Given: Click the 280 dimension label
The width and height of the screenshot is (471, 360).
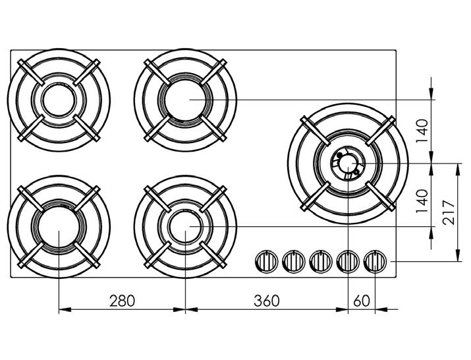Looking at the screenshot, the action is point(122,301).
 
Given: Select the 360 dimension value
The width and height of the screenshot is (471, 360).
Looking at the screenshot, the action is point(267,301).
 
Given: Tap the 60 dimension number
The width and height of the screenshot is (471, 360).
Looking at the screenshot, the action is point(362,301).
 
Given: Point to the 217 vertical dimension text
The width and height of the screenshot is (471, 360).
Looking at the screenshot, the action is point(449,212).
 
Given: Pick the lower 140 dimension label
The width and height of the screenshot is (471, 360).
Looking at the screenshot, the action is point(422,201).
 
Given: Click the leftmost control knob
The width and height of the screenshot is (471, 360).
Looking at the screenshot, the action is point(266,261).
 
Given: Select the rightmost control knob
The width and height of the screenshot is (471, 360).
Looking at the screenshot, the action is point(375,261).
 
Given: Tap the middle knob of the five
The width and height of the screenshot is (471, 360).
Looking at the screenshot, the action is point(321,261).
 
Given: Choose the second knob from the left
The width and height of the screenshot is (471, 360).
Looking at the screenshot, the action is point(294,261).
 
